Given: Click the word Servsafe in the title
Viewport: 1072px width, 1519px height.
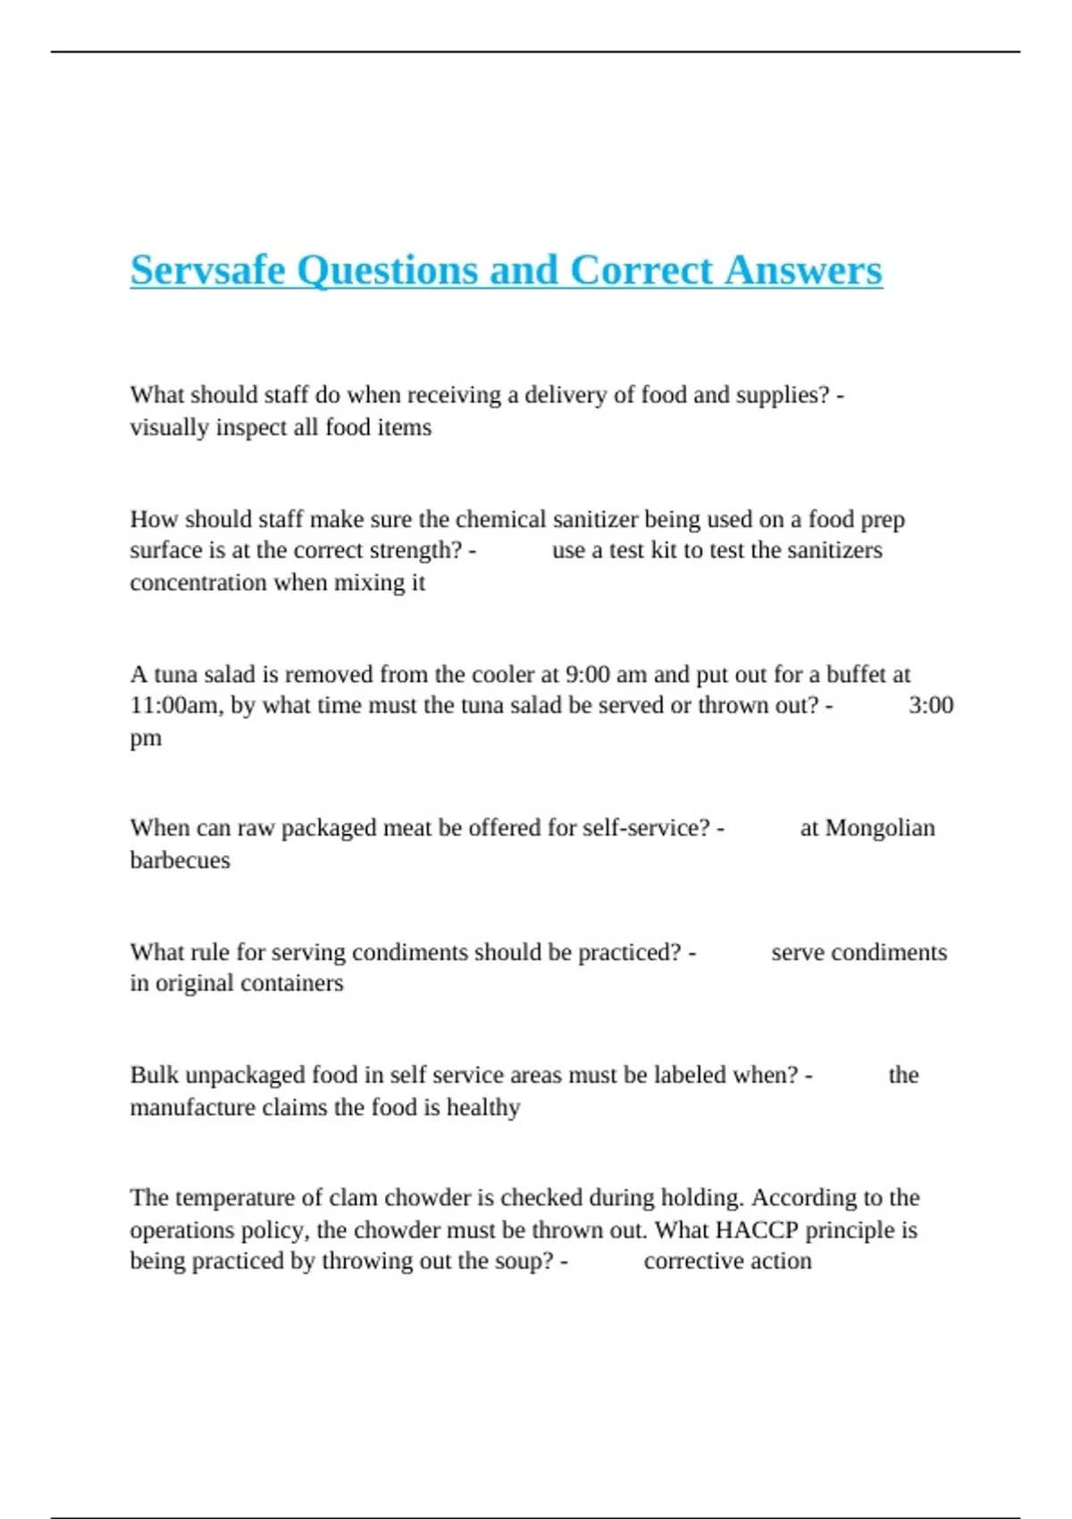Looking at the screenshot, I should click(x=207, y=270).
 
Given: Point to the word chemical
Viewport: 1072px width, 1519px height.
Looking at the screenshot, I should click(x=500, y=519).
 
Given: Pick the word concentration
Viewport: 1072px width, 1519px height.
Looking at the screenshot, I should click(x=198, y=583).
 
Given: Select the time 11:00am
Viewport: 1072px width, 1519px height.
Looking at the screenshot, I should click(x=174, y=705).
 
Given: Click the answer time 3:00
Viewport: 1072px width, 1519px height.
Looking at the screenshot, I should click(x=931, y=705).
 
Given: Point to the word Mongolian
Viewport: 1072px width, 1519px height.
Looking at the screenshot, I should click(x=880, y=828).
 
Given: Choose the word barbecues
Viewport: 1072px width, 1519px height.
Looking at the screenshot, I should click(x=180, y=860).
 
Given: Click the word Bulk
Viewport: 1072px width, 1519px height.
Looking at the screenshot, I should click(x=154, y=1075).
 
